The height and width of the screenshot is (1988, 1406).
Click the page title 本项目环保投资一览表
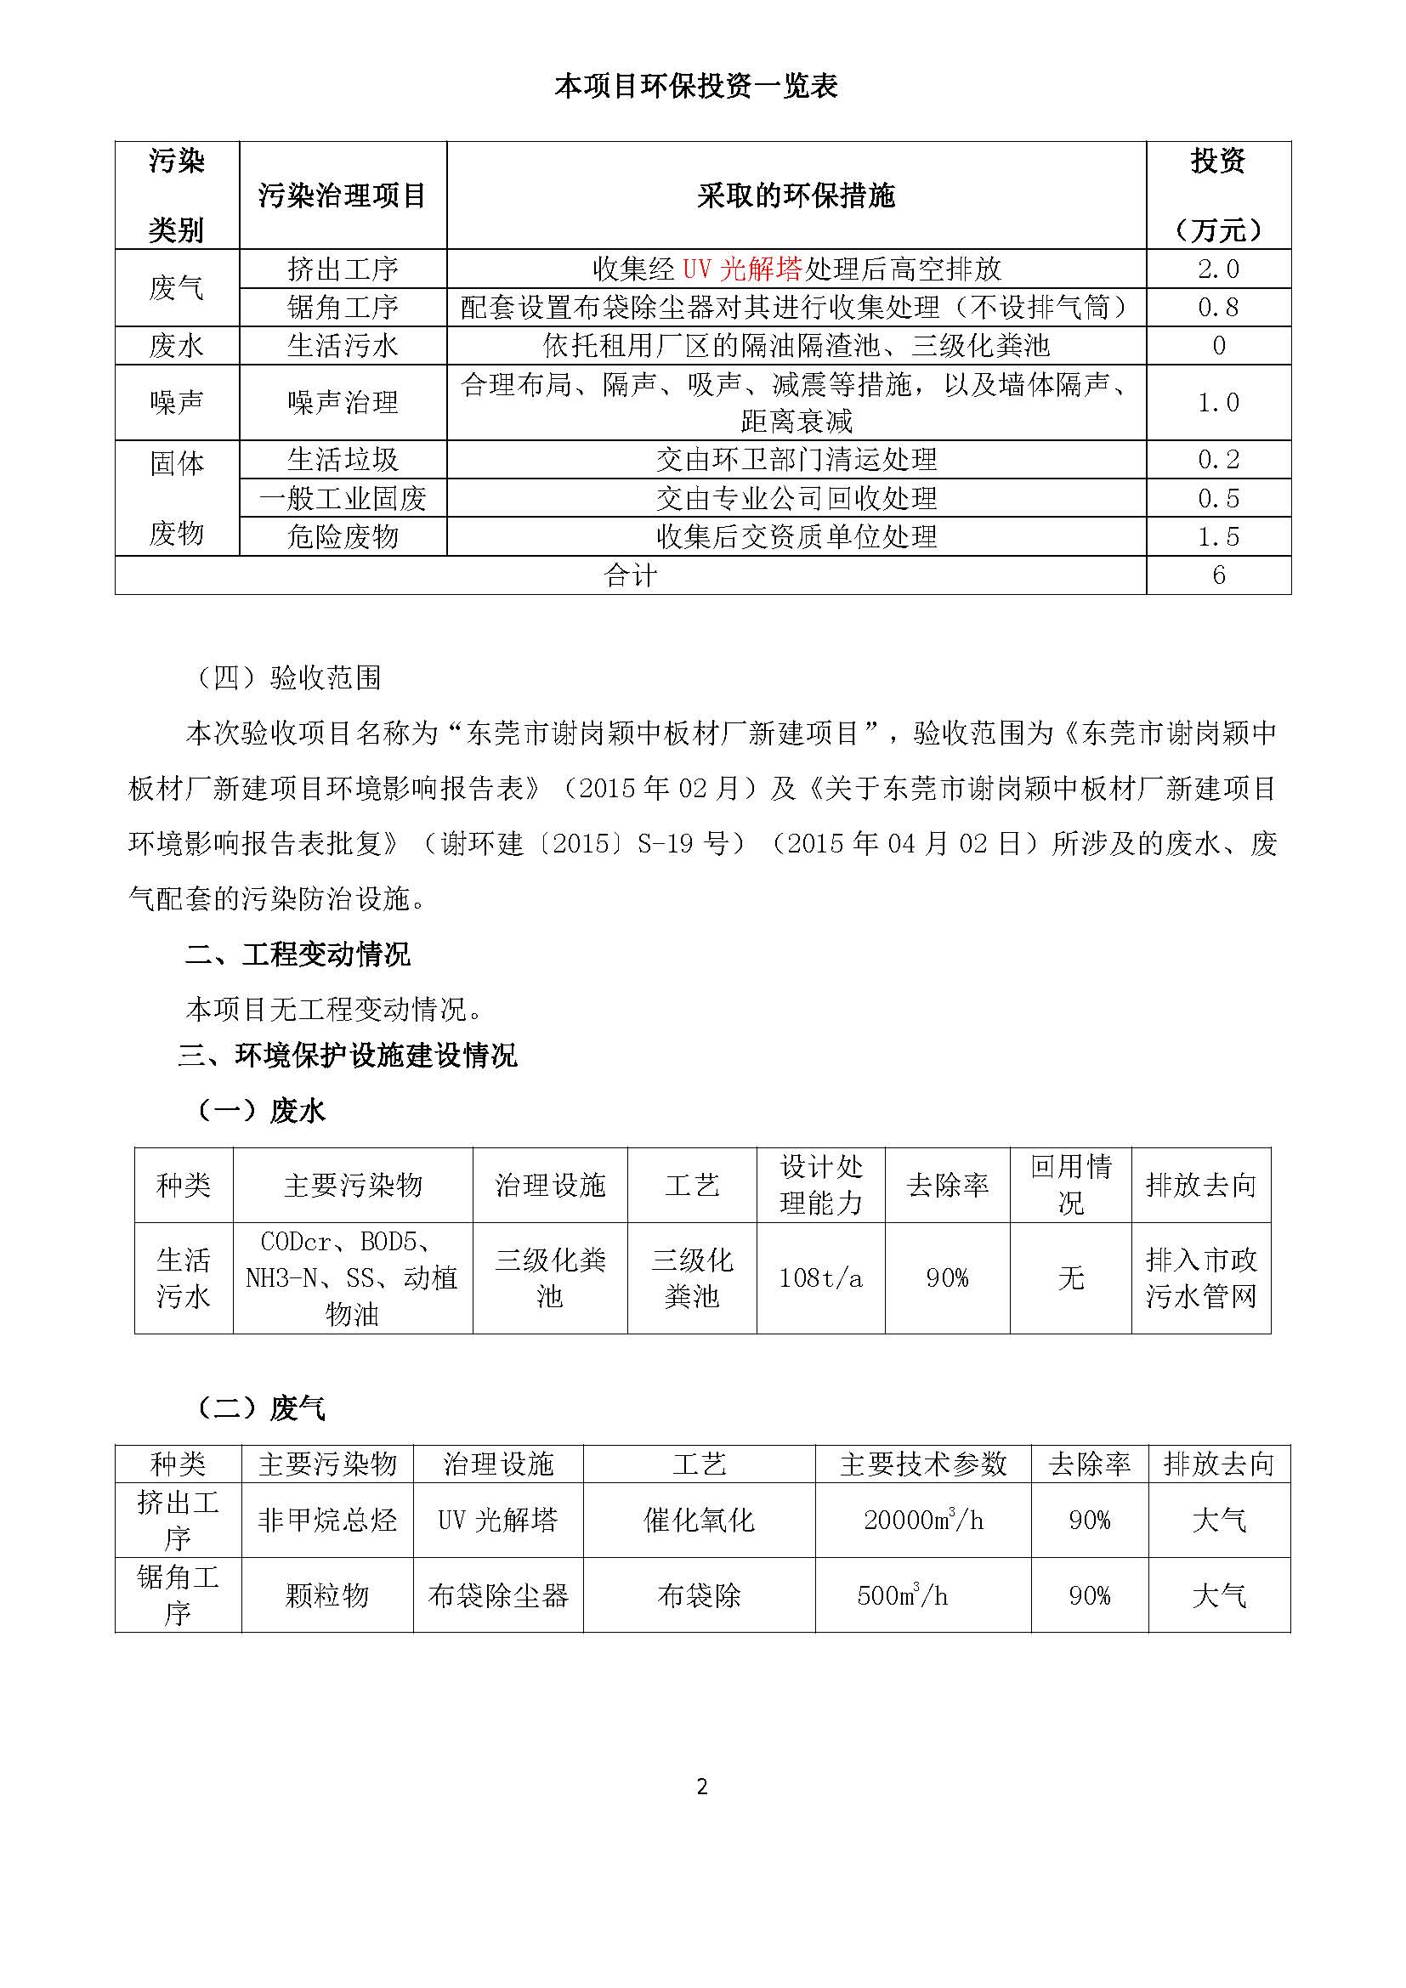point(696,87)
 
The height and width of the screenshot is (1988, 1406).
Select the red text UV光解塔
point(742,269)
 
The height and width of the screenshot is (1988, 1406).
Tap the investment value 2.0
point(1218,269)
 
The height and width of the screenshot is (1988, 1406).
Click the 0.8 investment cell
point(1218,308)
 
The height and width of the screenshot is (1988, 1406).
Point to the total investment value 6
point(1218,575)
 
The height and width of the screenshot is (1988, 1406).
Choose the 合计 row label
point(630,575)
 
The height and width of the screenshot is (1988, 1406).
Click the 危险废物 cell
point(343,537)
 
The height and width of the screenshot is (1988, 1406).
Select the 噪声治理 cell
point(343,403)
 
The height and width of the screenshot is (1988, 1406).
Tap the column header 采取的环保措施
point(796,196)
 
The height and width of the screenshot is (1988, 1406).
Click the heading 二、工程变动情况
point(298,954)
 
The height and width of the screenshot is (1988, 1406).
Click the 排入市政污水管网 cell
point(1201,1278)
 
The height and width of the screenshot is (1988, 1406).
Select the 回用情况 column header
point(1070,1185)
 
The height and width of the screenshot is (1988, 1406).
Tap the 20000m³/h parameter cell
point(923,1520)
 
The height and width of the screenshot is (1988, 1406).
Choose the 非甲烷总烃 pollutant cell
point(327,1520)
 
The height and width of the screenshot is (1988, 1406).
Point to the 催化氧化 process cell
point(699,1520)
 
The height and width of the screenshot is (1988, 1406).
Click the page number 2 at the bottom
point(702,1787)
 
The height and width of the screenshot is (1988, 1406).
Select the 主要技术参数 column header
point(923,1464)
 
